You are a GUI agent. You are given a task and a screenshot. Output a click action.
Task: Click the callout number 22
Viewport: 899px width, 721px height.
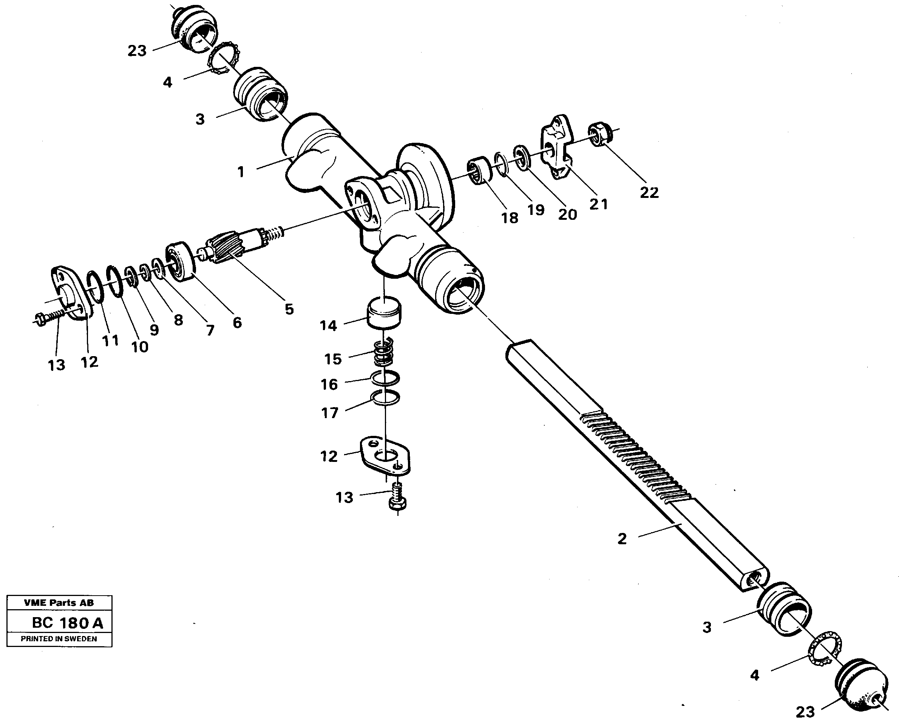(x=649, y=192)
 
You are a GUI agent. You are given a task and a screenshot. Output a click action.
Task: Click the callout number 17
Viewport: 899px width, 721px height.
(x=329, y=413)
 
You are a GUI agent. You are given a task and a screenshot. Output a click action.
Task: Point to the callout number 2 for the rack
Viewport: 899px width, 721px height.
(x=622, y=539)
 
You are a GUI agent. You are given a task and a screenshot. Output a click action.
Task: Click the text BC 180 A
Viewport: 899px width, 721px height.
(x=67, y=623)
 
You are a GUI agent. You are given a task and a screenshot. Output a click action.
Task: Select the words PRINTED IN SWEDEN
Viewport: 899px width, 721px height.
(x=59, y=638)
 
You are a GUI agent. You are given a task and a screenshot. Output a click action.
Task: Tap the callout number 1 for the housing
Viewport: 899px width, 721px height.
(x=241, y=171)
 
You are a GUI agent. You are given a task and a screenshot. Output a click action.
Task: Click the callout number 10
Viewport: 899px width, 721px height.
(x=140, y=347)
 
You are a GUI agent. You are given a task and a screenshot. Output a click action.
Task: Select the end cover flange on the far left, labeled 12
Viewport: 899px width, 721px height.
(x=69, y=293)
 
